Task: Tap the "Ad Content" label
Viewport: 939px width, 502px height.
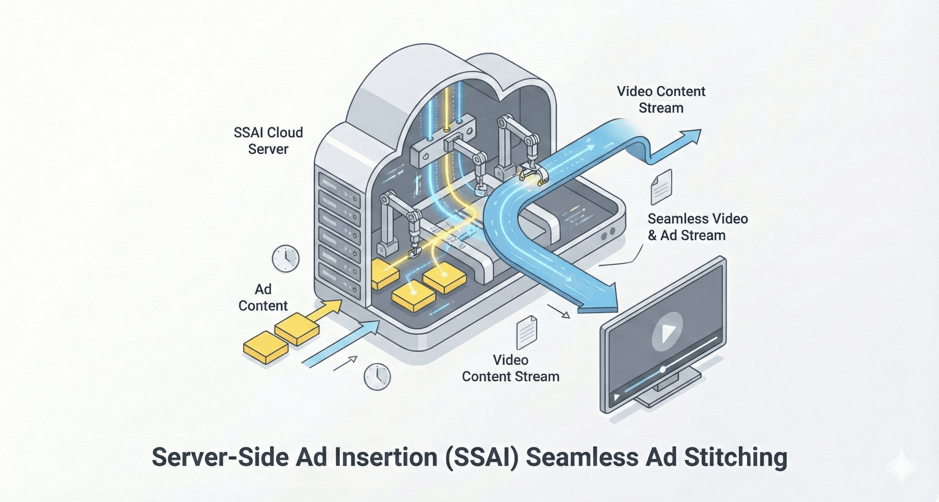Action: click(x=263, y=298)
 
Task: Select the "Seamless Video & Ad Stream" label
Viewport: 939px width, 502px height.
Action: click(x=697, y=227)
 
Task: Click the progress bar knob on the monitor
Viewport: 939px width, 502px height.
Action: click(x=663, y=369)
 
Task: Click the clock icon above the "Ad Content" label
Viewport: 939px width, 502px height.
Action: click(x=286, y=258)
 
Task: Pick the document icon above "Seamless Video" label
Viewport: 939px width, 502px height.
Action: click(x=661, y=187)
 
